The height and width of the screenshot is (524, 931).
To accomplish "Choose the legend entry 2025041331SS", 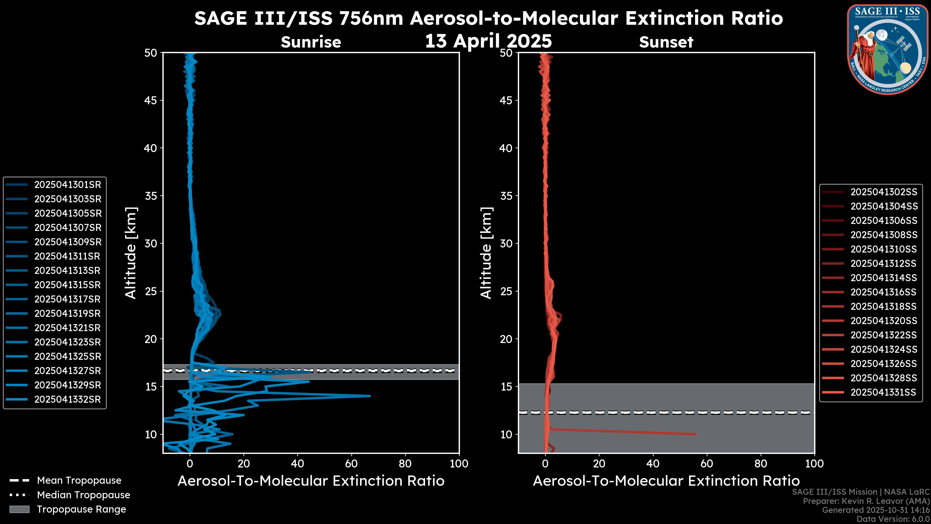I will coord(883,392).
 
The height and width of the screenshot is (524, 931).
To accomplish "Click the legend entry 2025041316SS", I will coord(883,292).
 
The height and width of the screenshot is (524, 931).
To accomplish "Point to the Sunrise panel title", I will coord(311,42).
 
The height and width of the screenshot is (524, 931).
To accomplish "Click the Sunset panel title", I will coord(666,42).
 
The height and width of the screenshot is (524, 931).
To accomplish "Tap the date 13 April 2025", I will coord(488,41).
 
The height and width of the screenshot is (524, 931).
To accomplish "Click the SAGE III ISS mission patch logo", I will coord(887,49).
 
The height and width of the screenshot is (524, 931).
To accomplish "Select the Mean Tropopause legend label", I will coord(79,481).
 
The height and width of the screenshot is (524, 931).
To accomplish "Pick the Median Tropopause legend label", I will coord(83,495).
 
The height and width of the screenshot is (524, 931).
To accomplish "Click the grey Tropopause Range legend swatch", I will coord(19,509).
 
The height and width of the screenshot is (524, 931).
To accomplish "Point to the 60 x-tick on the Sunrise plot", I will coord(351,464).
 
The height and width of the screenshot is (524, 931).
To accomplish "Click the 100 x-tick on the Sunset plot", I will coord(814,464).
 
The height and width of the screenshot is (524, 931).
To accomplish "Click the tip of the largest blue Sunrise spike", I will coord(370,396).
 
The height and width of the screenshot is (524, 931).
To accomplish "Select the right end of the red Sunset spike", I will coord(695,434).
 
